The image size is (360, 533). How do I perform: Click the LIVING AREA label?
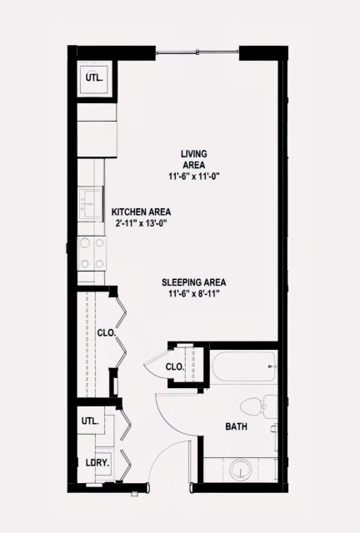(194, 159)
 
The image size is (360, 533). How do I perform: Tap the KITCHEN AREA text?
(141, 212)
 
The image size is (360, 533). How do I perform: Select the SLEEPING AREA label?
(194, 282)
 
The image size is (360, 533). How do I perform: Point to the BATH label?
(236, 427)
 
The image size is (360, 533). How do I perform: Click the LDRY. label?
(94, 463)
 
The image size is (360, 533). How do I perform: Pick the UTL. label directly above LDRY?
(91, 421)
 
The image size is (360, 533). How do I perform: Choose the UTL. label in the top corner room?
(94, 79)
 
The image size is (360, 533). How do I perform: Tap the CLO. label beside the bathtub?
(174, 366)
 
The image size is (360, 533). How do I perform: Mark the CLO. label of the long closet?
(107, 332)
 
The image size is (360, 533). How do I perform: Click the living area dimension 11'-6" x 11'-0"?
(194, 177)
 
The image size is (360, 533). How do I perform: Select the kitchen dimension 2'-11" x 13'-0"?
(141, 223)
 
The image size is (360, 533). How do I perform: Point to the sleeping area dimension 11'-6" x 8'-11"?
(194, 294)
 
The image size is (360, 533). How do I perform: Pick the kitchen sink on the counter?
(88, 203)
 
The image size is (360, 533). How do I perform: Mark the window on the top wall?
(197, 54)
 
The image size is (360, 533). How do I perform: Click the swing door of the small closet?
(154, 366)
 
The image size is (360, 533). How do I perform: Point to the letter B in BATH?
(227, 427)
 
